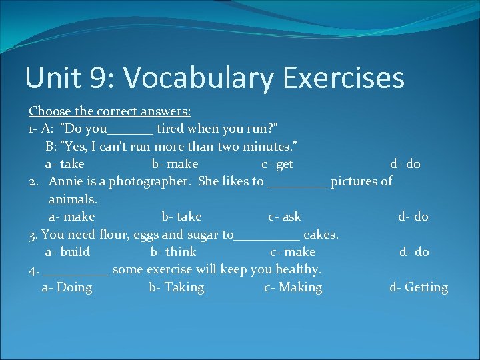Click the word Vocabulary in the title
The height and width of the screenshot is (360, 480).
click(x=199, y=78)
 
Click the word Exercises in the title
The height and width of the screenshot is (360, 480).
click(x=343, y=78)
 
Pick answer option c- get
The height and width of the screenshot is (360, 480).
click(x=277, y=164)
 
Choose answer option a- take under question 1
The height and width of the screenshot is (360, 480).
click(x=64, y=164)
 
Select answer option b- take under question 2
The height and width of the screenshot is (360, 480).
click(x=181, y=217)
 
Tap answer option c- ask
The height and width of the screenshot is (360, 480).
click(x=285, y=217)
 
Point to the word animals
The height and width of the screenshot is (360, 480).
click(x=73, y=199)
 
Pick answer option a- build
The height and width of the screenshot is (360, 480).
click(x=67, y=252)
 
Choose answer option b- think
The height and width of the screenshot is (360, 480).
click(x=173, y=252)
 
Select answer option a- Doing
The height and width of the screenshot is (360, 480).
click(x=67, y=287)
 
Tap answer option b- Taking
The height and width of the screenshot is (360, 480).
click(x=177, y=287)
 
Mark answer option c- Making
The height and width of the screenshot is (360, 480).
click(x=293, y=287)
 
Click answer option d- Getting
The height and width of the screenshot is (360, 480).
click(x=419, y=287)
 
